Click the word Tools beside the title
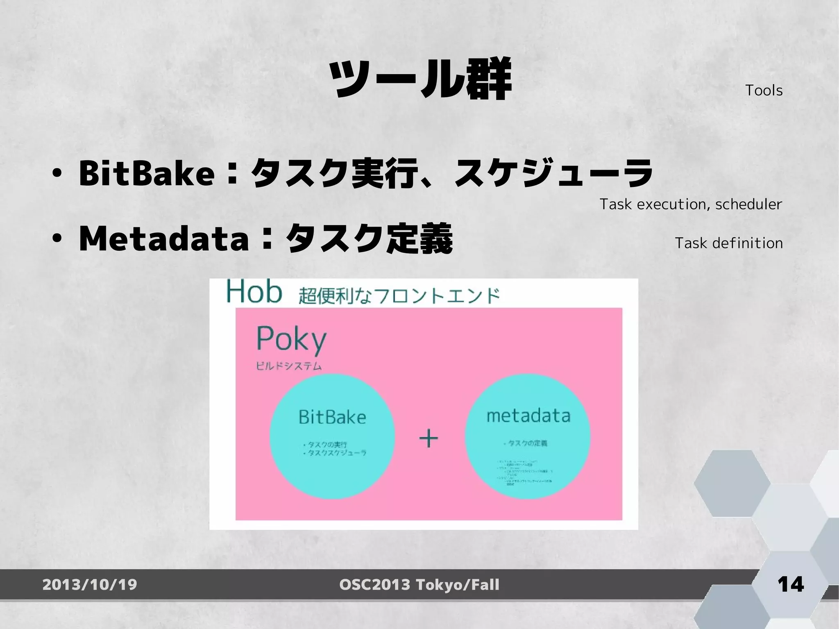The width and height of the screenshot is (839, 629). (x=764, y=91)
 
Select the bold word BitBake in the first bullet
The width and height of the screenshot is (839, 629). (x=147, y=173)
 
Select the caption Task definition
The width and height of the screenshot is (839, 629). (x=728, y=243)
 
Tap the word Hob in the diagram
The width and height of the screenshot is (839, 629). (x=254, y=292)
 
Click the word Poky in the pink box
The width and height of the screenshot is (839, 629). (x=291, y=339)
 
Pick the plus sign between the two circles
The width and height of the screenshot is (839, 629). (x=429, y=439)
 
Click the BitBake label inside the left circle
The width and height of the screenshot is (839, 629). (x=332, y=417)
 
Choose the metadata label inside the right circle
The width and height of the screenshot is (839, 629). (x=528, y=416)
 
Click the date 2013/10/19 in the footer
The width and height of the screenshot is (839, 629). (x=90, y=585)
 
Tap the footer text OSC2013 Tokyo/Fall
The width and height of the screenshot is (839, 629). (x=419, y=585)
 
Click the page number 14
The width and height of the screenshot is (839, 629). (x=790, y=584)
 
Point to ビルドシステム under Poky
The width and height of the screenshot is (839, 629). (x=289, y=366)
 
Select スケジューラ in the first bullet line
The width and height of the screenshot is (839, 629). (x=553, y=173)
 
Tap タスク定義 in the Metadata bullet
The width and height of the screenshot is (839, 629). (x=369, y=239)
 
